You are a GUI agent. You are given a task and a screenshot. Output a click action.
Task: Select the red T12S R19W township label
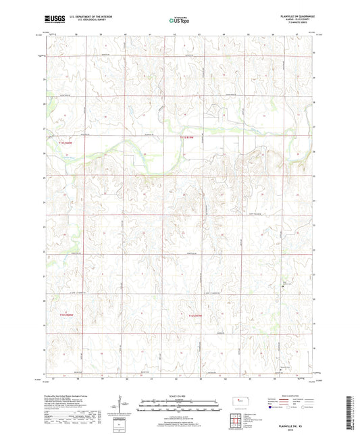click(195, 314)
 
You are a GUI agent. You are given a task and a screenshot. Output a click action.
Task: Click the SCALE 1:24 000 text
click(179, 394)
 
